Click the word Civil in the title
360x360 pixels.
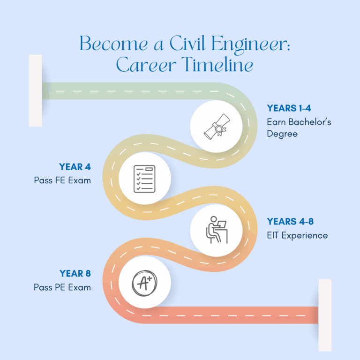pyautogui.click(x=187, y=43)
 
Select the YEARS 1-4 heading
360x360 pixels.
pyautogui.click(x=289, y=108)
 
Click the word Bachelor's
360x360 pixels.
pyautogui.click(x=310, y=122)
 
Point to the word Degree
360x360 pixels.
pyautogui.click(x=282, y=134)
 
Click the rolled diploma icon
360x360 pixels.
pyautogui.click(x=217, y=127)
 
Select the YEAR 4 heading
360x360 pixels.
pyautogui.click(x=75, y=167)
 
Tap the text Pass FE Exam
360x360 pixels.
pyautogui.click(x=62, y=180)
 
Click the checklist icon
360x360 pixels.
pyautogui.click(x=144, y=179)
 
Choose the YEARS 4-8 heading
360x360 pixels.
pyautogui.click(x=290, y=222)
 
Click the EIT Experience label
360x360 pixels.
pyautogui.click(x=297, y=236)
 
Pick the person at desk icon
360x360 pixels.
pyautogui.click(x=217, y=230)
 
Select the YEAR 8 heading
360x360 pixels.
pyautogui.click(x=75, y=273)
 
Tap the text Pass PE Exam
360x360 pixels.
pyautogui.click(x=62, y=287)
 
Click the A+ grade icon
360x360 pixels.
pyautogui.click(x=144, y=283)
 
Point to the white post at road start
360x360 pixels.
pyautogui.click(x=35, y=90)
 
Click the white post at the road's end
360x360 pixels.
pyautogui.click(x=325, y=315)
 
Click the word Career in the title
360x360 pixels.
pyautogui.click(x=146, y=65)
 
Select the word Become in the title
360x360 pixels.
pyautogui.click(x=113, y=43)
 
